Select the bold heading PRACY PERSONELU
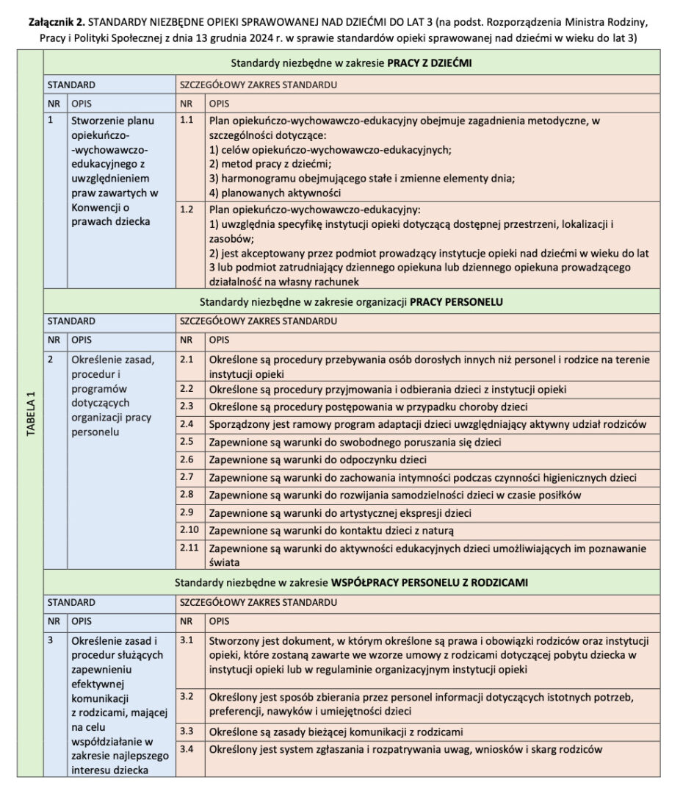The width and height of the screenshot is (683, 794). click(x=455, y=301)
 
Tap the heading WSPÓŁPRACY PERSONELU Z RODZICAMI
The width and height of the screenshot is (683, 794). click(x=430, y=582)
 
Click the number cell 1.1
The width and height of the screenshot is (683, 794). click(x=187, y=120)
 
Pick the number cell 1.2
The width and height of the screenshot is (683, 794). click(x=187, y=210)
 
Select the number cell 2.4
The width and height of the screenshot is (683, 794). click(x=187, y=423)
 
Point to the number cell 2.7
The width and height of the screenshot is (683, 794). click(x=187, y=477)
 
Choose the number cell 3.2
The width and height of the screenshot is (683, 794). click(x=187, y=695)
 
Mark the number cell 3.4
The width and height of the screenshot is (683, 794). click(x=187, y=749)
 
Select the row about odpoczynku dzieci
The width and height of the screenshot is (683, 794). click(x=317, y=459)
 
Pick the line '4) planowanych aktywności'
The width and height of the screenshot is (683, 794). click(x=275, y=193)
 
